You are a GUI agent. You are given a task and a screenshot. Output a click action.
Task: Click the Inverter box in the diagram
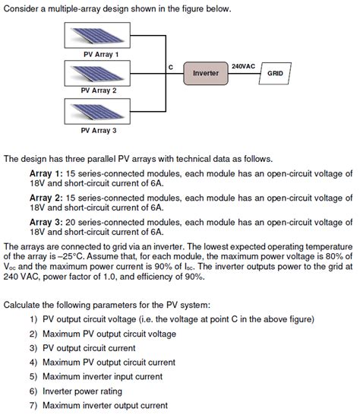(206, 74)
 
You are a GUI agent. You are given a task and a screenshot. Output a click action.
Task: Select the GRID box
(274, 74)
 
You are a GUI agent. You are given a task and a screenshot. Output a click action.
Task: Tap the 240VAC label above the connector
(243, 66)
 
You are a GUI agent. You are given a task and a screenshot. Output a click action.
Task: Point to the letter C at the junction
(171, 67)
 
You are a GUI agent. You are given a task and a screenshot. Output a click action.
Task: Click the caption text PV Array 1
(100, 54)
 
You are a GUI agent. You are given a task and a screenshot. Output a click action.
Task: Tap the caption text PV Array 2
(99, 90)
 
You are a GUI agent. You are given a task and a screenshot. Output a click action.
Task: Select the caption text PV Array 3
(99, 131)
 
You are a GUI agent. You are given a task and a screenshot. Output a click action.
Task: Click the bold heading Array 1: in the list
(46, 173)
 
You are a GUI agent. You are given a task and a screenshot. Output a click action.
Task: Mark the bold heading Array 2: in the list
(46, 197)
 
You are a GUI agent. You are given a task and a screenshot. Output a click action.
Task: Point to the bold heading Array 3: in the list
(46, 221)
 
